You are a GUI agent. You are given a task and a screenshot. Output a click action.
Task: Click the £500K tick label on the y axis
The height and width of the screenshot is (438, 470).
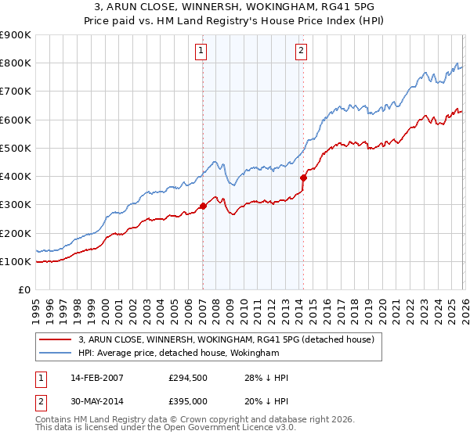(16, 148)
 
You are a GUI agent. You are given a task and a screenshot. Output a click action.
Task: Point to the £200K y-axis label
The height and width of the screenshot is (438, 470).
(16, 233)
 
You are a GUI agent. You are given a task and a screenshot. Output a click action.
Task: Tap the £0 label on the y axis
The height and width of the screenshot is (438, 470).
(23, 289)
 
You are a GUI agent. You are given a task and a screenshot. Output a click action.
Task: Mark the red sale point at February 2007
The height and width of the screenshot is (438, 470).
(203, 206)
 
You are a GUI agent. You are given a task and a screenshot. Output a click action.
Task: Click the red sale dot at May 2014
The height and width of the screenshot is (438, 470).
(303, 178)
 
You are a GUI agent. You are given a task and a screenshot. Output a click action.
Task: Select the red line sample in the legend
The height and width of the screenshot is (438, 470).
(56, 339)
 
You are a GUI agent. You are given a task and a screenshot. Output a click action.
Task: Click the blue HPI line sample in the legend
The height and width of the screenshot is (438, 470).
(56, 353)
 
